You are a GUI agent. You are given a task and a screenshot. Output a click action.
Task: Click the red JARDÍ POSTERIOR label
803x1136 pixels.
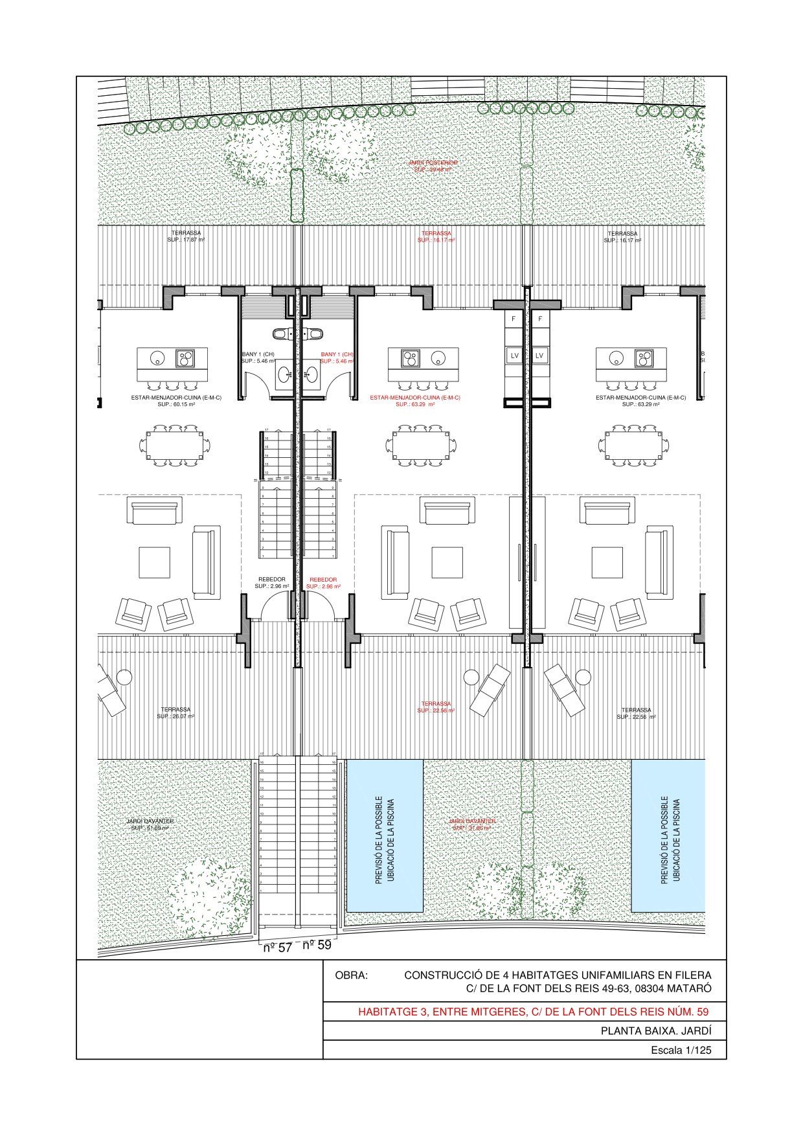(433, 163)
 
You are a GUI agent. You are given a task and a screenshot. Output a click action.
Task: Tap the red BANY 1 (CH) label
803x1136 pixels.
(337, 354)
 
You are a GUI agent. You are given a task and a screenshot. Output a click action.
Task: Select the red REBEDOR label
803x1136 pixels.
(323, 580)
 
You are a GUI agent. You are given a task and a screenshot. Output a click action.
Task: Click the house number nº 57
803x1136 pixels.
(278, 947)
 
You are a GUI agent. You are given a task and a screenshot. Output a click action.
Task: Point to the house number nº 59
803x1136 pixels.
(317, 944)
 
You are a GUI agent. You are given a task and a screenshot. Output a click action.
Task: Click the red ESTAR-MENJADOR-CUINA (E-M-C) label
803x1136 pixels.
(415, 397)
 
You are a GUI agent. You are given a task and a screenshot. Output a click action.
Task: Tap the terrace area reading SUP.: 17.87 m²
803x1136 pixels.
(186, 240)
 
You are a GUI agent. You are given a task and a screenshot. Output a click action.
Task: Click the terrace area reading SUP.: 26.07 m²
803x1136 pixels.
(175, 716)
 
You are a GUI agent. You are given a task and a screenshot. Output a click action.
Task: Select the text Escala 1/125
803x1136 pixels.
(681, 1050)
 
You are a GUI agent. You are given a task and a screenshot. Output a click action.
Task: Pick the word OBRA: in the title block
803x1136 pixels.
(351, 975)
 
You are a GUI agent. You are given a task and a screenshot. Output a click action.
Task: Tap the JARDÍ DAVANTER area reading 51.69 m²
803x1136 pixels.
(150, 828)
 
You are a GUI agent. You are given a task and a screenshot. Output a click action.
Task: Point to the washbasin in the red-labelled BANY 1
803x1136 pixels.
(312, 375)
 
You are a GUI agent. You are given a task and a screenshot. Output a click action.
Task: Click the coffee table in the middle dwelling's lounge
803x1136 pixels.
(447, 563)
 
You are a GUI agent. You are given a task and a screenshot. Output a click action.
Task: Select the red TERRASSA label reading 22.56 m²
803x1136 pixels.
(436, 703)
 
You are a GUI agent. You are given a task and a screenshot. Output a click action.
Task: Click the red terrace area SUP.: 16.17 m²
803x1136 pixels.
(436, 240)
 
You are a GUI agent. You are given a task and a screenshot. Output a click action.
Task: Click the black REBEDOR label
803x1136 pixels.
(271, 580)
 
